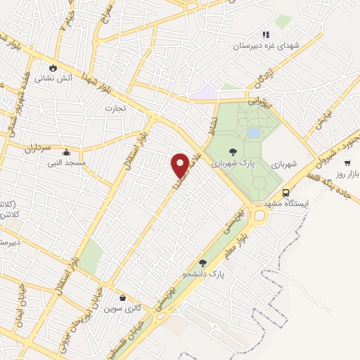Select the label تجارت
(114, 108)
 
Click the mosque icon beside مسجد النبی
(66, 152)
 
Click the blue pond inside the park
(252, 132)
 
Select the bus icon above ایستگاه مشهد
(285, 192)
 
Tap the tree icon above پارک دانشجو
(202, 262)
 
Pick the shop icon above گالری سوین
(123, 297)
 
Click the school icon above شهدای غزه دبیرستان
(266, 34)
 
